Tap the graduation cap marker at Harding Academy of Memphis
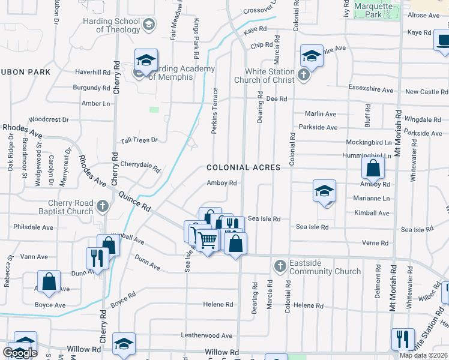146,61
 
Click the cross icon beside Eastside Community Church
279,265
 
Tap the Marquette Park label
373,10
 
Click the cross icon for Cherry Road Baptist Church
103,206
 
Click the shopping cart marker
207,240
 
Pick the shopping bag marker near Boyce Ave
49,281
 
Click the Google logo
20,353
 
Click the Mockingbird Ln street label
369,143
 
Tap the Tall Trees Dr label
139,140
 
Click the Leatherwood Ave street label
206,335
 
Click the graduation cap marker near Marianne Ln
324,191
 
